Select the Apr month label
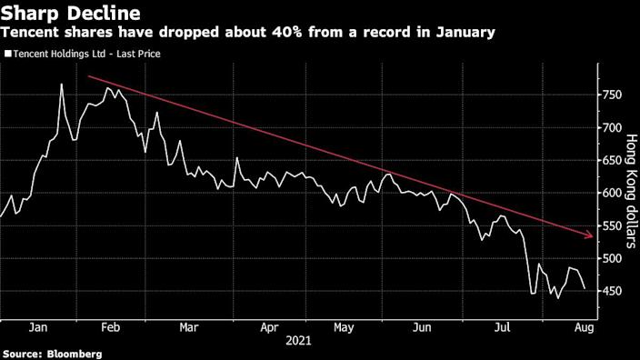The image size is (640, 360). pos(269,325)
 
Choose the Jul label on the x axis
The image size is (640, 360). pos(502,325)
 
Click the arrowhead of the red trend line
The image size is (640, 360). pos(591,237)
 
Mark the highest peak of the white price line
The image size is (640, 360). pos(61,85)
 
